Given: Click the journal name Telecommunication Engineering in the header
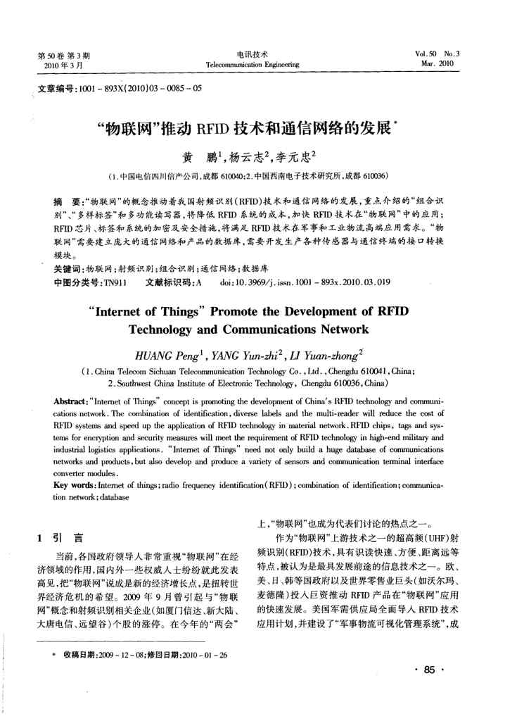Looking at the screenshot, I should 252,64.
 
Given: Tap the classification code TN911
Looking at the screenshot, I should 115,281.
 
